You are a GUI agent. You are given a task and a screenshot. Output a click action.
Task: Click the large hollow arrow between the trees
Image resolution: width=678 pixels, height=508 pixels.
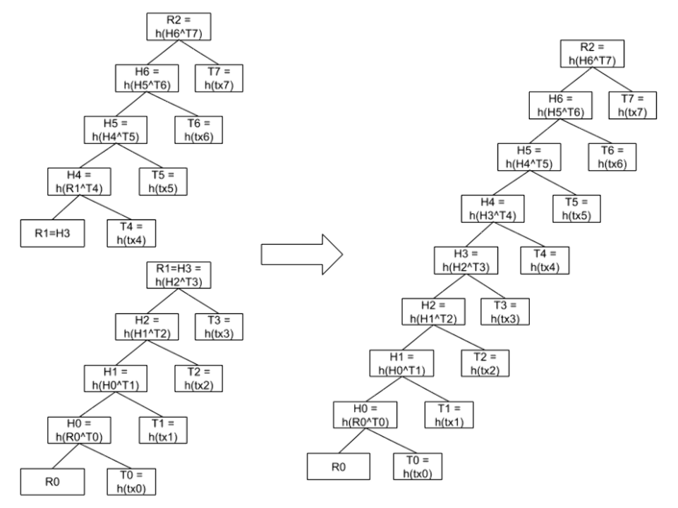pos(302,254)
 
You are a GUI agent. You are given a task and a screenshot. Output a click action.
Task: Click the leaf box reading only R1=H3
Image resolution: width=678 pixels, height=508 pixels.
pos(52,234)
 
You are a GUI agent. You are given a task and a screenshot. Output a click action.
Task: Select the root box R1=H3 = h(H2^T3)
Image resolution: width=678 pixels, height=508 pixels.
pos(178,275)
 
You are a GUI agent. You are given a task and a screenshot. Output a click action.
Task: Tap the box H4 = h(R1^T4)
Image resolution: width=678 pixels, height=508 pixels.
pos(79,181)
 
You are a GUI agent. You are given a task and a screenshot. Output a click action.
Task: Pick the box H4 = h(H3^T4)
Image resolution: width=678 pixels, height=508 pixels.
pos(492,209)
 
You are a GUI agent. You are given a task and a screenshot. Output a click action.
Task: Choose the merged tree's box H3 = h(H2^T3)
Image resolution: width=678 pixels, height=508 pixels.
pos(466,260)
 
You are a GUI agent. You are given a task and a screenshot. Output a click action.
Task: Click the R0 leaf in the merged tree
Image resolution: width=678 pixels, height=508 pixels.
pos(339,466)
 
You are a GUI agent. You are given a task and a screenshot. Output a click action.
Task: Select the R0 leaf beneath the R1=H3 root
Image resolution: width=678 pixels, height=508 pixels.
pos(52,482)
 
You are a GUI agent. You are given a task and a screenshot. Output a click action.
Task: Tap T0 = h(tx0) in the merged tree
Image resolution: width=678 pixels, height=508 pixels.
pos(418,466)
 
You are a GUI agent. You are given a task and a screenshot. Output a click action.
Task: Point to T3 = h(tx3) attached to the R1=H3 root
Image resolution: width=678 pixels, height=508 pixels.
pos(219,327)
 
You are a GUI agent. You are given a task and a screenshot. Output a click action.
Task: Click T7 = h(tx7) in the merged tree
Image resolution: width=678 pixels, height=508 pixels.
pos(632,105)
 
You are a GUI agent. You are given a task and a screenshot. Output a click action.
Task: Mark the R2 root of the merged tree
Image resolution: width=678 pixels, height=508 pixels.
pos(592,54)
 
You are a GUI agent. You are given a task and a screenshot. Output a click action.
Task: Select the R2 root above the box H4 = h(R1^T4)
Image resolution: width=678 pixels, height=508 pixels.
pos(178,26)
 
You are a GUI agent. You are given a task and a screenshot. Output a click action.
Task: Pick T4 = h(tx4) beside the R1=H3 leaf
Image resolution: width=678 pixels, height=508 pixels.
pos(131,234)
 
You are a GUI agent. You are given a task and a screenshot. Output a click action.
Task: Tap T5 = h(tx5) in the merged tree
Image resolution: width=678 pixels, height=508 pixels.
pos(576,209)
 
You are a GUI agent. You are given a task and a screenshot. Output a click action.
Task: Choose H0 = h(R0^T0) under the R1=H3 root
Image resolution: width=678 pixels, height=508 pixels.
pos(79,430)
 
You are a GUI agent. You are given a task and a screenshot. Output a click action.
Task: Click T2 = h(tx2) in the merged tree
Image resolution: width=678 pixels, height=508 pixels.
pos(485,363)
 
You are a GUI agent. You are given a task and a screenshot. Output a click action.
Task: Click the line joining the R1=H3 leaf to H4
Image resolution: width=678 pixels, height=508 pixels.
pos(66,207)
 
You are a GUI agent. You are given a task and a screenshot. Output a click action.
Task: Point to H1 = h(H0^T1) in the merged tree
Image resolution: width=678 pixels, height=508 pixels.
pos(401,363)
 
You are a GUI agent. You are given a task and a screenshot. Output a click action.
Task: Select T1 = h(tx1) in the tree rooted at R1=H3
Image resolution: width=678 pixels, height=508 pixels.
pos(163,430)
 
